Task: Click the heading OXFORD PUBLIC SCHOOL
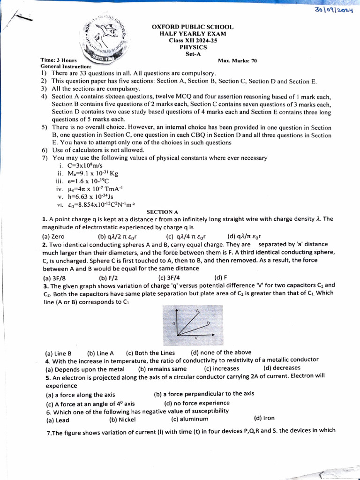click(193, 27)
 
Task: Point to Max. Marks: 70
click(237, 60)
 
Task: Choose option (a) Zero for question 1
click(53, 236)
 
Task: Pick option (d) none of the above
click(221, 352)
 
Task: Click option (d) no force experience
click(197, 403)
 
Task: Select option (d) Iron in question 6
click(264, 418)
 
